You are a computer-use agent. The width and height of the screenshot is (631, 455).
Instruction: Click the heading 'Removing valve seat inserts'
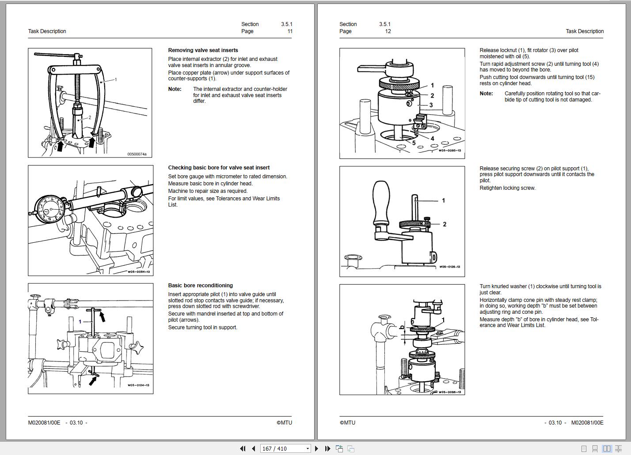[203, 50]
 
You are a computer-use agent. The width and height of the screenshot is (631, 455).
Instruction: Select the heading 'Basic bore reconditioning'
[200, 286]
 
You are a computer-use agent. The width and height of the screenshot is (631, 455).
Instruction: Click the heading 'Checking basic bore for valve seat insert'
[219, 168]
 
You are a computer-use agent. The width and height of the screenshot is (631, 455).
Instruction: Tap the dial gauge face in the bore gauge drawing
[50, 209]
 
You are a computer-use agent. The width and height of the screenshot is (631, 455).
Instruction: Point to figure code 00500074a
[137, 154]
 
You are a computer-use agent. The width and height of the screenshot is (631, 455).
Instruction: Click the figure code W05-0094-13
[139, 272]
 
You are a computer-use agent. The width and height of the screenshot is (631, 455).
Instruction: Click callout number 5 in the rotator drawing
[414, 143]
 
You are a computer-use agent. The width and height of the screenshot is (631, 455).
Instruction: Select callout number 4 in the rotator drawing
[432, 139]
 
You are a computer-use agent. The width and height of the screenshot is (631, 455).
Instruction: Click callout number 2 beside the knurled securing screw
[445, 224]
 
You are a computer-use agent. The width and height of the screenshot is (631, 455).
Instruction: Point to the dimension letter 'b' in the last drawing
[402, 327]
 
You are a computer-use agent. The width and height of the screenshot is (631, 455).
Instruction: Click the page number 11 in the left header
[290, 31]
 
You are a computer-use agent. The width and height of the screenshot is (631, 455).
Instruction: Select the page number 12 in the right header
[388, 31]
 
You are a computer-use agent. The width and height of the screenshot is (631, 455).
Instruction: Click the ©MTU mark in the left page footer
[284, 423]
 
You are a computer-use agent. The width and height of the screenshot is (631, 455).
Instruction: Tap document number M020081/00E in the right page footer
[587, 423]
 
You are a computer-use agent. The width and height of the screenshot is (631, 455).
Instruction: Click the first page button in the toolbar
[243, 448]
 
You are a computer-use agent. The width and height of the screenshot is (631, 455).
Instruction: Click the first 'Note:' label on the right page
[486, 94]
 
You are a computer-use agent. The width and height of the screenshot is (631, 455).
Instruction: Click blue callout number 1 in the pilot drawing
[80, 322]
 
